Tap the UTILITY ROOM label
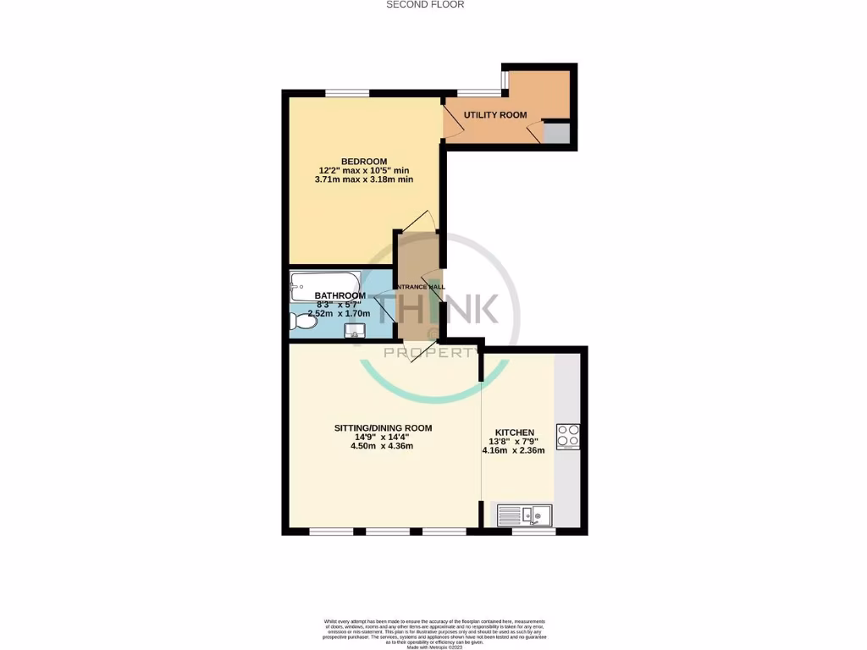[x=495, y=115]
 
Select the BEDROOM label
[x=364, y=162]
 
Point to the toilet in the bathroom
[x=300, y=322]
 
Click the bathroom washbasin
[x=357, y=330]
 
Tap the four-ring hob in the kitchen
[x=567, y=435]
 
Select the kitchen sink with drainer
[x=524, y=514]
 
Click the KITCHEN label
[x=514, y=432]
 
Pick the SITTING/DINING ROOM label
[x=383, y=428]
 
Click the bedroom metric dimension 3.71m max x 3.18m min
[x=364, y=179]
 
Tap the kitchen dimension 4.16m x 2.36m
[x=513, y=450]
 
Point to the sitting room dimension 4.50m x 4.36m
[x=383, y=446]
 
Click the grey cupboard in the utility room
[x=556, y=134]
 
